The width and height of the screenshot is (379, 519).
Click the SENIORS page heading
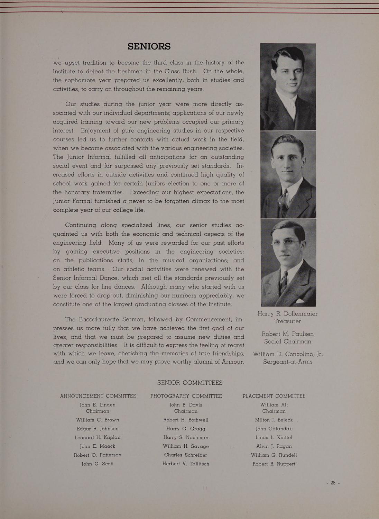click(x=149, y=46)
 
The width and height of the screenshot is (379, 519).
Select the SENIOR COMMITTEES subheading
click(x=190, y=383)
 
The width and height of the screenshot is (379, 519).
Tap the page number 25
click(x=333, y=483)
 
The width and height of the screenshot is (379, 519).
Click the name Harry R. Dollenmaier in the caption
click(x=287, y=313)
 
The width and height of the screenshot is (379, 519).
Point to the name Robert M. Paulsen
click(x=287, y=334)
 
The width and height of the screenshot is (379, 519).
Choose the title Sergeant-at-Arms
click(x=287, y=362)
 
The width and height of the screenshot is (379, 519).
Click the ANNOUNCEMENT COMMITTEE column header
click(x=98, y=396)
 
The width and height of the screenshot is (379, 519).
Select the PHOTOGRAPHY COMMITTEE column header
click(x=186, y=396)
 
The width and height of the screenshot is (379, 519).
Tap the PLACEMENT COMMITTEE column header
click(x=274, y=396)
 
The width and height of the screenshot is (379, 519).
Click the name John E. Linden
click(x=98, y=404)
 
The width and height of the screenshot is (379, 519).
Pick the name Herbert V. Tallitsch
click(x=186, y=464)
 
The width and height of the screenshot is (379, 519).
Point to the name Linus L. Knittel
click(x=274, y=437)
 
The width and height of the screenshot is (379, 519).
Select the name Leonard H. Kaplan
click(x=98, y=437)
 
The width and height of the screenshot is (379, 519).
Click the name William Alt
click(x=274, y=404)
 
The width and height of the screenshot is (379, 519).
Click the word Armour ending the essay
click(x=231, y=362)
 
